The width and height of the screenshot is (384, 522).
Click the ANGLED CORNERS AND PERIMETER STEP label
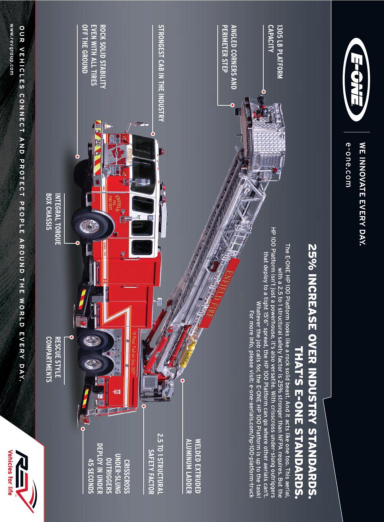click(x=229, y=57)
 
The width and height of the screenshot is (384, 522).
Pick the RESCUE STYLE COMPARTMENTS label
click(x=53, y=359)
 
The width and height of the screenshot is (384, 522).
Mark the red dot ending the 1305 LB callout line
click(x=264, y=91)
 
